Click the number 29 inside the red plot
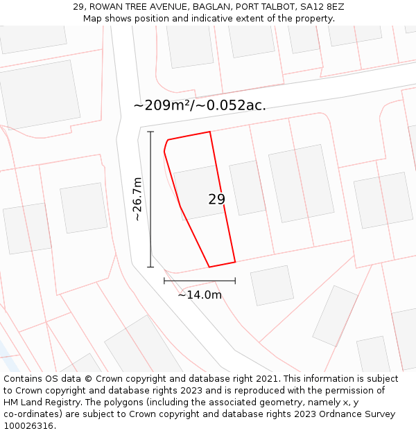tap(216, 200)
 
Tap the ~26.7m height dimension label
tap(137, 199)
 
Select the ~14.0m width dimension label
tap(200, 295)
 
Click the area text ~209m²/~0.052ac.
tap(200, 105)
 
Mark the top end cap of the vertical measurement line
tap(150, 132)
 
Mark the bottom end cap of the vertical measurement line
tap(150, 267)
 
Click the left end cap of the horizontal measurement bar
tap(164, 281)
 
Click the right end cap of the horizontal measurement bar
tap(235, 281)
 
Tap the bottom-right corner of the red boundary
tap(235, 262)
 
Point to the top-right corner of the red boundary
tap(209, 132)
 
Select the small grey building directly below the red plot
tap(272, 285)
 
